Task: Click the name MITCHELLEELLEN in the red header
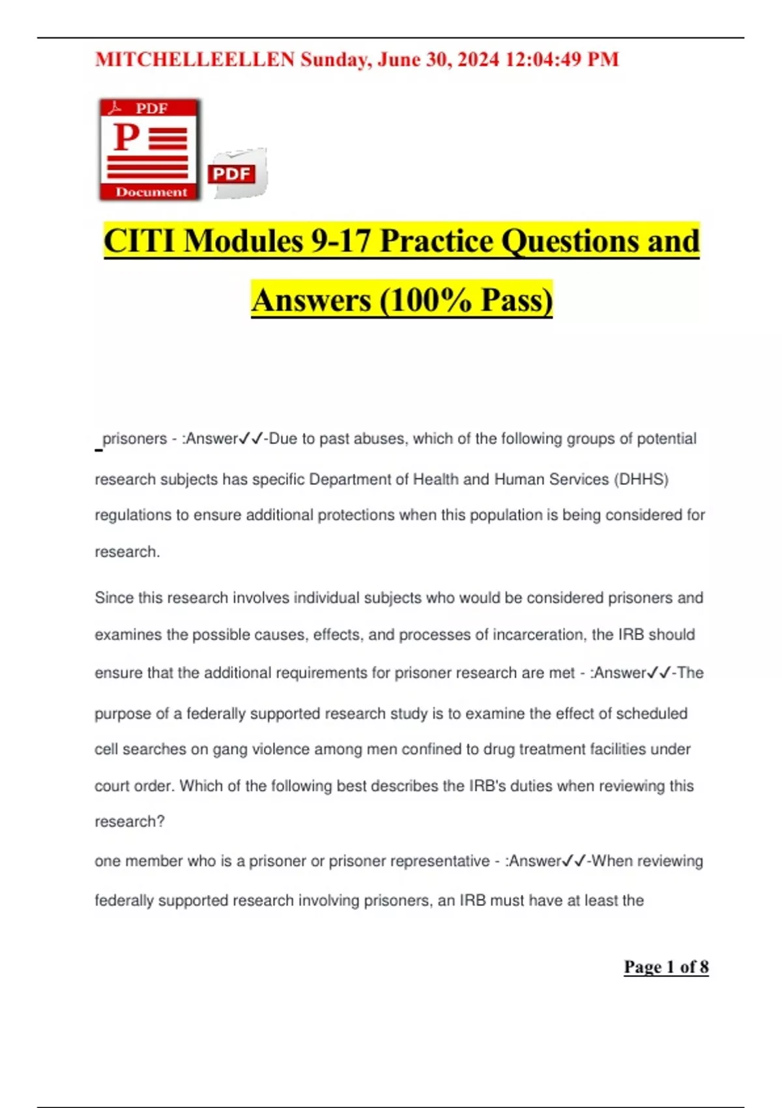pyautogui.click(x=195, y=60)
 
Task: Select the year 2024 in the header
pyautogui.click(x=478, y=60)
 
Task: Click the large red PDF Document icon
pyautogui.click(x=150, y=149)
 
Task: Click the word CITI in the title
pyautogui.click(x=139, y=241)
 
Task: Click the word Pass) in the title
pyautogui.click(x=517, y=300)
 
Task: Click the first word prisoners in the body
pyautogui.click(x=135, y=439)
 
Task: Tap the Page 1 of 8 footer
pyautogui.click(x=666, y=967)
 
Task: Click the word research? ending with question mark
pyautogui.click(x=130, y=822)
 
